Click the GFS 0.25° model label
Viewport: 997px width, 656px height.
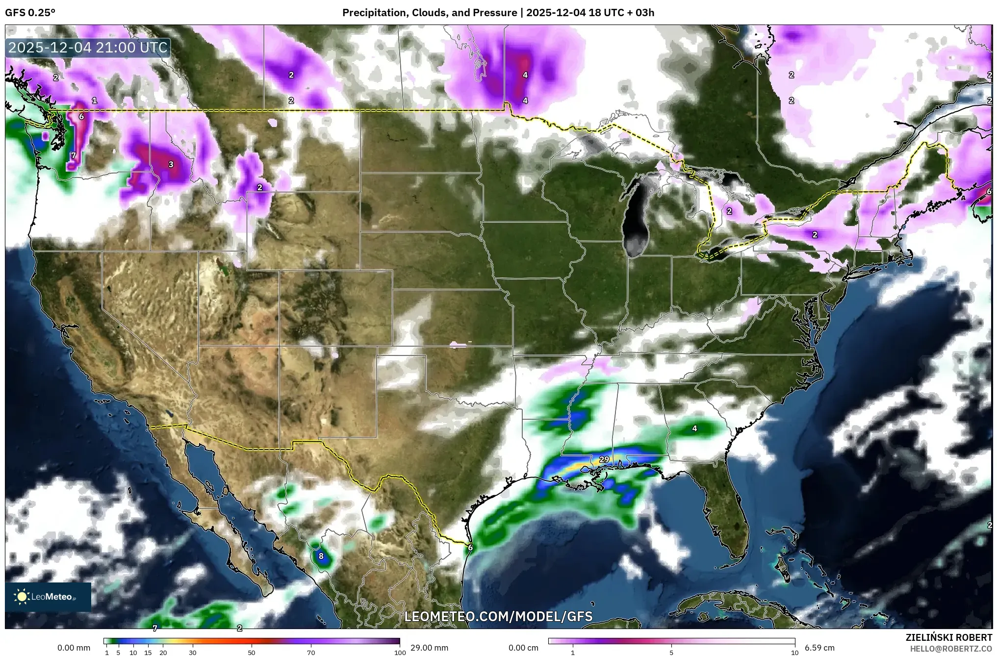(30, 13)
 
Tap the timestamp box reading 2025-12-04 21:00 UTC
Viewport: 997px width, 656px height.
(88, 48)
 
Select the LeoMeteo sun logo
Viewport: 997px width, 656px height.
(22, 597)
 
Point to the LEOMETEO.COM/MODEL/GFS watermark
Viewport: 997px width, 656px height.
(498, 616)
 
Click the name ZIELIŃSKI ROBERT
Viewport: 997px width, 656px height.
(948, 638)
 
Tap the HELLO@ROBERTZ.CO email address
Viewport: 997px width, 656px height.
(951, 648)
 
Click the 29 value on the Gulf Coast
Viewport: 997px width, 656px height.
(604, 459)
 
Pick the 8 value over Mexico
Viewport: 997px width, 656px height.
(321, 556)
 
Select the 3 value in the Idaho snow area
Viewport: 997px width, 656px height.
(171, 164)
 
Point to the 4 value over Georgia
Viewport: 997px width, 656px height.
(694, 429)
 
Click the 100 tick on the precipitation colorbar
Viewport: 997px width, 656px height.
(400, 653)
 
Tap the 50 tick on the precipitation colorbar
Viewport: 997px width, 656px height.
(252, 653)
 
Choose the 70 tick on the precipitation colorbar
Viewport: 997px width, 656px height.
(311, 653)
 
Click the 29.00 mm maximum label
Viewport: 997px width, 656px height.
(429, 648)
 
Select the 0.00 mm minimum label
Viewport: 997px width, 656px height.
(74, 648)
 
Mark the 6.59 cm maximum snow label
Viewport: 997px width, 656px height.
(819, 648)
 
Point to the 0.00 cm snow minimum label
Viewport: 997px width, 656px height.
(523, 648)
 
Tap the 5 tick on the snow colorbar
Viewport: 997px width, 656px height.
(671, 653)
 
